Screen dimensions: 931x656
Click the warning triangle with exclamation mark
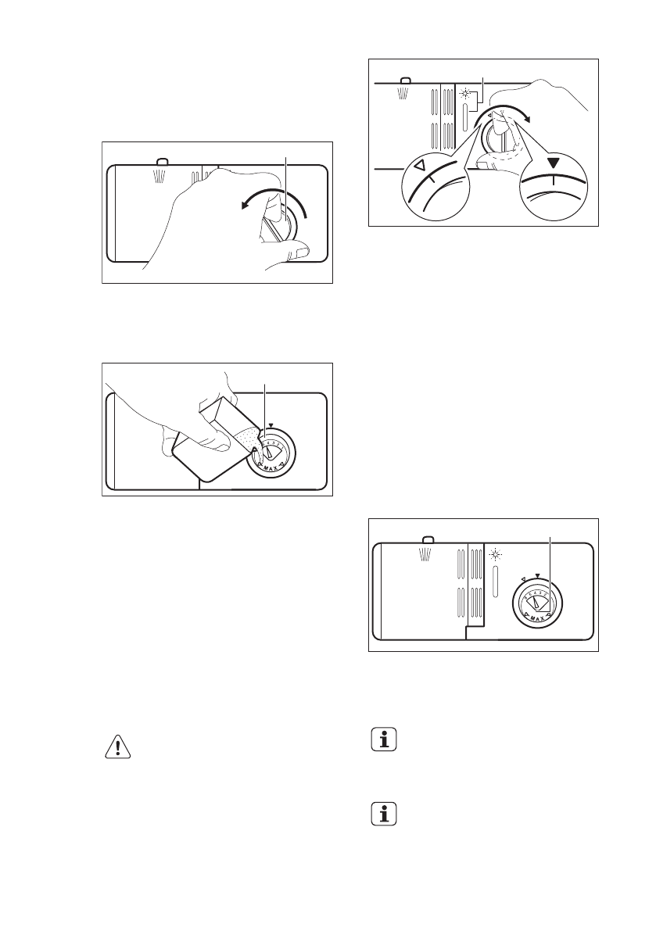[118, 747]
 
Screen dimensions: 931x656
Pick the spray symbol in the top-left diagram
[160, 174]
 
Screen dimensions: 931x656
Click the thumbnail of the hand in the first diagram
[299, 251]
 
